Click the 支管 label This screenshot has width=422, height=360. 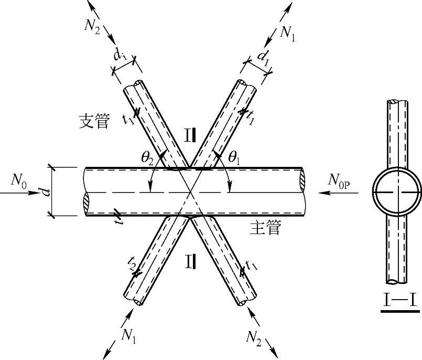click(x=94, y=122)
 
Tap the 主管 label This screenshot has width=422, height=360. click(x=266, y=228)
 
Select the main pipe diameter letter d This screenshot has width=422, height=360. click(x=46, y=192)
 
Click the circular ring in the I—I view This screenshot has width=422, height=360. click(x=397, y=192)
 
